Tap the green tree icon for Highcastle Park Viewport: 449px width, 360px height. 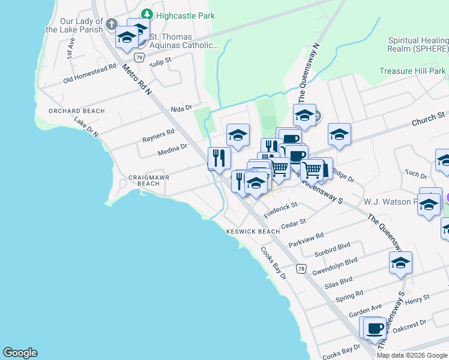[x=146, y=14]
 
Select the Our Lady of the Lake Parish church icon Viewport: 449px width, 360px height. [x=110, y=25]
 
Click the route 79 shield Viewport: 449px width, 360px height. [x=139, y=58]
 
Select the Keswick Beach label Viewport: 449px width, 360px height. [x=253, y=232]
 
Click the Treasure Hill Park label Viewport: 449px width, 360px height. [x=413, y=71]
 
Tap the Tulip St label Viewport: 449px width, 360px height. [x=160, y=61]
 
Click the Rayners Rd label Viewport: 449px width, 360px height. [x=158, y=135]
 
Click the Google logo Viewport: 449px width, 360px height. [x=20, y=353]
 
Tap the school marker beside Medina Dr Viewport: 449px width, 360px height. [x=238, y=136]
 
